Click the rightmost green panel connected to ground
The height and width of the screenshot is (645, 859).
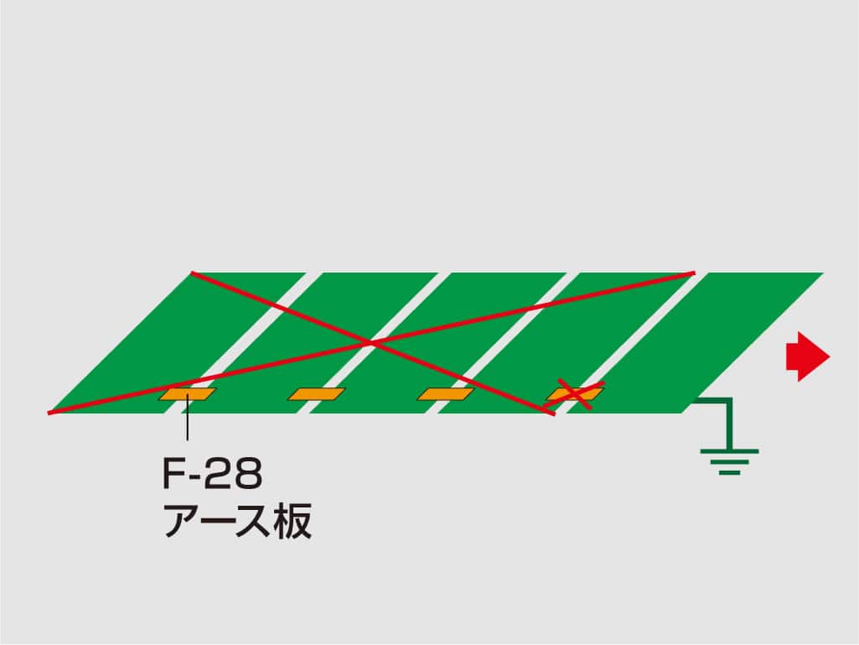696,343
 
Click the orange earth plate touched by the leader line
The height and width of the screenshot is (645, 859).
188,394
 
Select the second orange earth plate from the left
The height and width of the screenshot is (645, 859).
317,394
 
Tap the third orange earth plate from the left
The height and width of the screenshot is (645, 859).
446,394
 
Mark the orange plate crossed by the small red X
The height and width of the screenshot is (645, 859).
575,394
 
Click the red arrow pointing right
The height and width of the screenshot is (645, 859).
808,356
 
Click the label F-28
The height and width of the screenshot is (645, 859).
213,474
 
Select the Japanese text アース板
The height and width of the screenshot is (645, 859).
238,521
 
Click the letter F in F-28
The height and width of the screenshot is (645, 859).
173,474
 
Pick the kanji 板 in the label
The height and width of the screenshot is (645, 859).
294,521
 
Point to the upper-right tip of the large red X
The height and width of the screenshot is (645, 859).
694,272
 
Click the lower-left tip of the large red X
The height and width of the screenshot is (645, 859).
49,413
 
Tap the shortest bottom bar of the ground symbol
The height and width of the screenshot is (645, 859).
730,472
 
